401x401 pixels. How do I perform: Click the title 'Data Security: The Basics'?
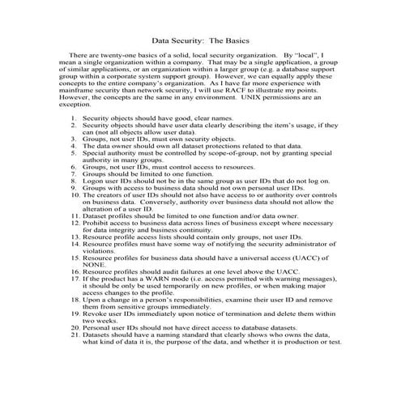[200, 39]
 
